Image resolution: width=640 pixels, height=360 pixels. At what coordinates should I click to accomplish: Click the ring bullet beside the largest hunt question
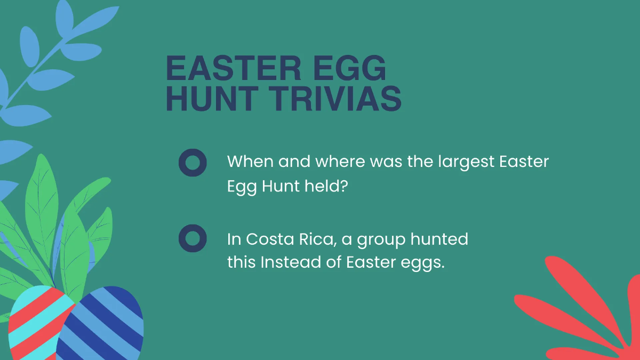193,162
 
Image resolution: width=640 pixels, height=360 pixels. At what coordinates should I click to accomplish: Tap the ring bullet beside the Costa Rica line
193,238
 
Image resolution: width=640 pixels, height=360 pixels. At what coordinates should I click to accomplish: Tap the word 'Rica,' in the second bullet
317,239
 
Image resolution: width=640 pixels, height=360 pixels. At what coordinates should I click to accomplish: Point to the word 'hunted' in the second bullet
439,239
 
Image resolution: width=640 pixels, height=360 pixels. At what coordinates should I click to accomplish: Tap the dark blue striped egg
104,325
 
